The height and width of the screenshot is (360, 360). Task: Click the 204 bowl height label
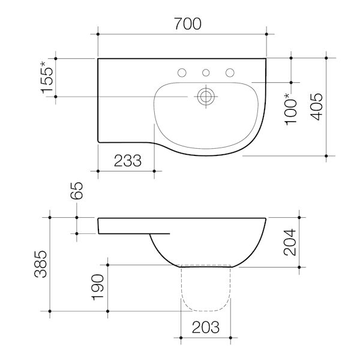(290, 241)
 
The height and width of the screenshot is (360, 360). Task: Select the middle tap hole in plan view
(206, 73)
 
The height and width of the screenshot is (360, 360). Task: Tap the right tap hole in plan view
(229, 73)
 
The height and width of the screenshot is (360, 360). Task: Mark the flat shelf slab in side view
(132, 225)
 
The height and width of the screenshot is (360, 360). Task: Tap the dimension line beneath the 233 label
(126, 171)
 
